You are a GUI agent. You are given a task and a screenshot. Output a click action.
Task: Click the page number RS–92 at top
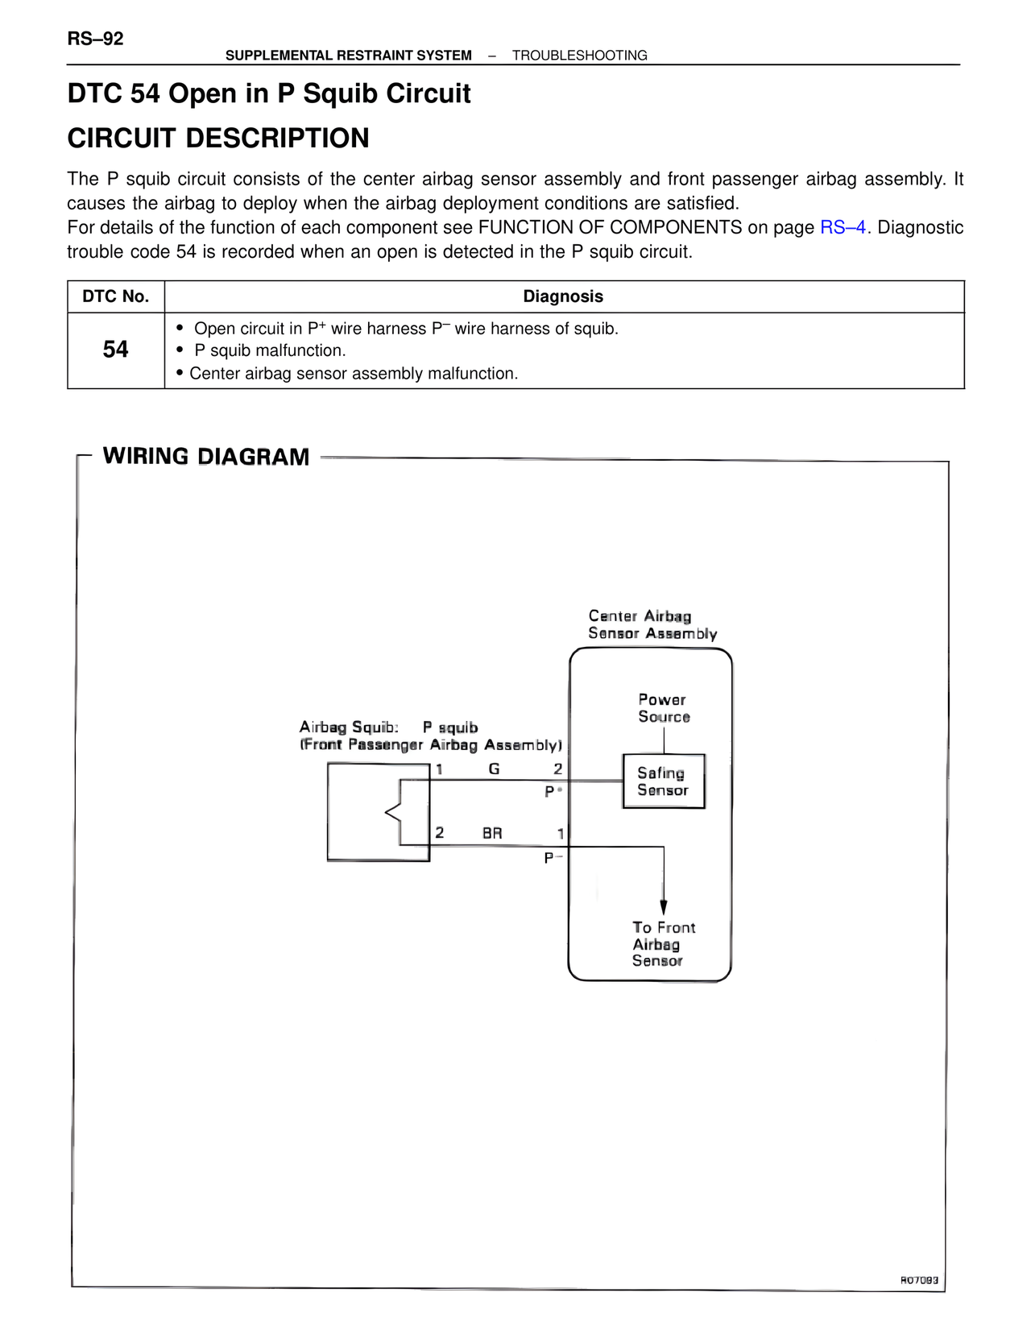coord(95,39)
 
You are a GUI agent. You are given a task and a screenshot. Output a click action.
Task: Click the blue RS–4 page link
coord(843,227)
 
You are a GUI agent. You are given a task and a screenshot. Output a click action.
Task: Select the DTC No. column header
coord(116,296)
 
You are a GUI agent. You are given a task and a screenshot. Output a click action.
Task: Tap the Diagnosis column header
coord(563,296)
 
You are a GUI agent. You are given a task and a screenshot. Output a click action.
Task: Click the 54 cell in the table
coord(116,350)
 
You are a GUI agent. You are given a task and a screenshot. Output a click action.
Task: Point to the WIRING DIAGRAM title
coord(206,457)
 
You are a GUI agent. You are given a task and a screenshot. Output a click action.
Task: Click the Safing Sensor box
coord(664,781)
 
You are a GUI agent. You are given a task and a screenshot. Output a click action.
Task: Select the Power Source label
coord(664,708)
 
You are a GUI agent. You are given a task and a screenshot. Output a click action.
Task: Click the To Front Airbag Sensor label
coord(663,944)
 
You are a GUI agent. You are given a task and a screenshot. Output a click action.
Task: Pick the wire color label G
coord(494,769)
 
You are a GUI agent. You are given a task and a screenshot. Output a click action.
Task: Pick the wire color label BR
coord(492,833)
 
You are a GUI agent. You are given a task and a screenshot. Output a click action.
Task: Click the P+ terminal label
coord(553,791)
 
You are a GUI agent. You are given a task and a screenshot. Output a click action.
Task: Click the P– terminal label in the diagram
coord(553,858)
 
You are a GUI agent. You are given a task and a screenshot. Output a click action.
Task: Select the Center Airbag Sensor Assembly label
coord(652,625)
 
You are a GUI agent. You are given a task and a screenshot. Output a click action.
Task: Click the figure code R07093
coord(919,1279)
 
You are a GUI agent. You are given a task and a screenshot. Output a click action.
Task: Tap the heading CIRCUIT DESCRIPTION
coord(218,138)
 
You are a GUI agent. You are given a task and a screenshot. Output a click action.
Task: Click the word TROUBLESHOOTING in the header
coord(579,56)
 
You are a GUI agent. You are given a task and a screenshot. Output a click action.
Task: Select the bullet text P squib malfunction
coord(270,350)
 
